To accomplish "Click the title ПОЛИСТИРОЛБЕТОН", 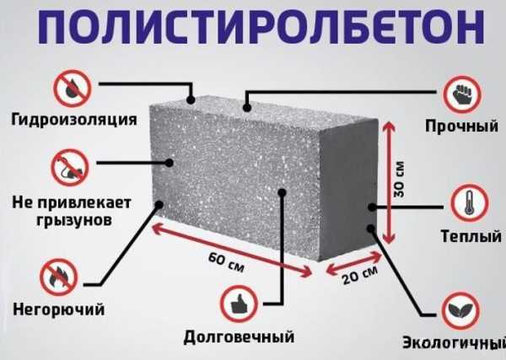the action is pyautogui.click(x=261, y=27).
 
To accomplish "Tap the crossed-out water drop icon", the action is pyautogui.click(x=73, y=88).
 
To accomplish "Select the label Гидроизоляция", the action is pyautogui.click(x=74, y=120).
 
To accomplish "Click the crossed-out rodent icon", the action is pyautogui.click(x=70, y=167).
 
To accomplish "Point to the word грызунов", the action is pyautogui.click(x=74, y=221).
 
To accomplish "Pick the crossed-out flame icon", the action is pyautogui.click(x=59, y=277).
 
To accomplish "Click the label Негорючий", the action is pyautogui.click(x=59, y=309).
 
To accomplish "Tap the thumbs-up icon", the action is pyautogui.click(x=240, y=304).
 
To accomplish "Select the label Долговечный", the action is pyautogui.click(x=239, y=337).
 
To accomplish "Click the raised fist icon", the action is pyautogui.click(x=462, y=94).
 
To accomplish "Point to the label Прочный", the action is pyautogui.click(x=461, y=126).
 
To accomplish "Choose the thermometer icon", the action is pyautogui.click(x=469, y=203).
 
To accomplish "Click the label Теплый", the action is pyautogui.click(x=471, y=236).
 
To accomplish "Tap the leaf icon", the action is pyautogui.click(x=460, y=310).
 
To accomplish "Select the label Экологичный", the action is pyautogui.click(x=454, y=342).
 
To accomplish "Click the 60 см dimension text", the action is pyautogui.click(x=226, y=262).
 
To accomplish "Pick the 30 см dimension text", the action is pyautogui.click(x=399, y=179).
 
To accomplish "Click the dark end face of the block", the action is pyautogui.click(x=347, y=190).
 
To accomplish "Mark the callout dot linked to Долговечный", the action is pyautogui.click(x=282, y=192).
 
